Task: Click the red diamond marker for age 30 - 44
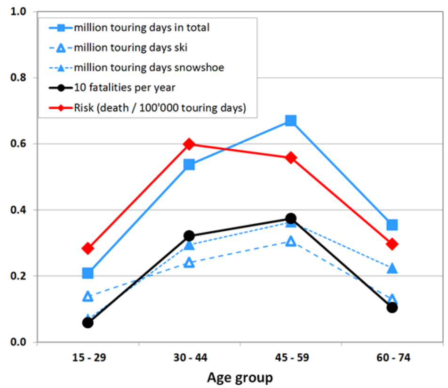(189, 144)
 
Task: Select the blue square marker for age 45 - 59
(291, 121)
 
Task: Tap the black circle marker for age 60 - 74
(392, 307)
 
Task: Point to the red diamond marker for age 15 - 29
(88, 248)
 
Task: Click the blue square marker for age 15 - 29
(88, 273)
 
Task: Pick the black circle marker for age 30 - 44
(189, 236)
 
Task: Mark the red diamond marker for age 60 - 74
(392, 244)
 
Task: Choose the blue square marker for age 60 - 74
(392, 225)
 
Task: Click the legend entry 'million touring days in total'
(141, 27)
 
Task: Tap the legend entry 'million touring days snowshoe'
(149, 67)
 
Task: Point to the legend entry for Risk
(160, 108)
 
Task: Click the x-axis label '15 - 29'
(88, 358)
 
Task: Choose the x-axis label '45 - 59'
(291, 358)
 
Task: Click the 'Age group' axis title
(240, 378)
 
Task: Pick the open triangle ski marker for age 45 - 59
(291, 241)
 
